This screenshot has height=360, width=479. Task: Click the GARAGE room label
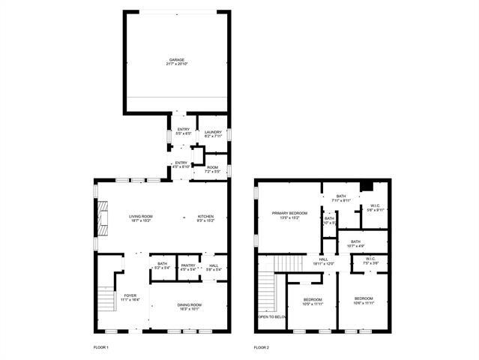click(x=176, y=60)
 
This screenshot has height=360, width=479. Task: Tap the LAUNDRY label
click(x=213, y=132)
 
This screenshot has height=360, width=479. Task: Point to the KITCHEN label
click(x=205, y=216)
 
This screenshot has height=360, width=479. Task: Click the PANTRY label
click(x=188, y=265)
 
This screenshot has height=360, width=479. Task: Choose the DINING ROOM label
click(x=189, y=304)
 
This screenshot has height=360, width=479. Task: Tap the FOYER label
click(x=130, y=296)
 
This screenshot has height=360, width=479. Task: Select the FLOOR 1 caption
click(x=101, y=348)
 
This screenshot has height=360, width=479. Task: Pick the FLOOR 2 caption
click(x=261, y=348)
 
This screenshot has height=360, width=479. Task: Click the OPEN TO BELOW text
click(x=273, y=317)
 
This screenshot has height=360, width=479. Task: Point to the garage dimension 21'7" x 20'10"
click(x=176, y=64)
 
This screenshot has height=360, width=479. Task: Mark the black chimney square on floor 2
click(x=366, y=187)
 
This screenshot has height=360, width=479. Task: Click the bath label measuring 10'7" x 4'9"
click(x=355, y=243)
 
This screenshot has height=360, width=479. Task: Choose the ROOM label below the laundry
click(x=213, y=167)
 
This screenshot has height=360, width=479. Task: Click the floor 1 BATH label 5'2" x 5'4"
click(x=162, y=265)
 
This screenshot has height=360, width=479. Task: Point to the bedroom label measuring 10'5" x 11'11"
click(x=313, y=301)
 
